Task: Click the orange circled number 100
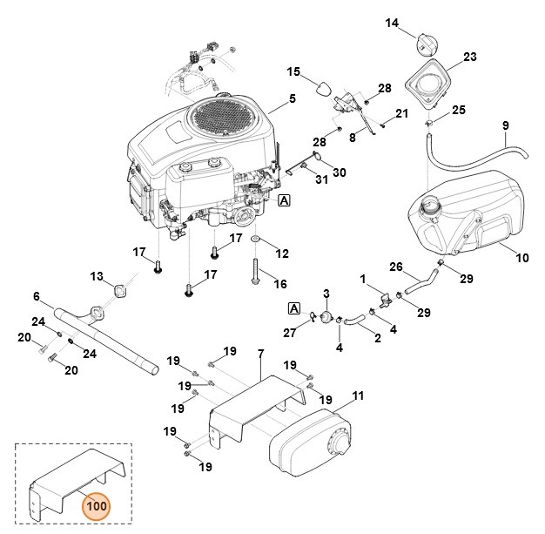point(96,504)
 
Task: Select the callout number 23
point(470,57)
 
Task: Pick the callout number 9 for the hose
point(505,127)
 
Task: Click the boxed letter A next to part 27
point(293,308)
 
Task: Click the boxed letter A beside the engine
point(285,200)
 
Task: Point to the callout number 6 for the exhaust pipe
point(37,296)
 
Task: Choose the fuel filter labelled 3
point(326,316)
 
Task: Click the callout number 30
point(340,172)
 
